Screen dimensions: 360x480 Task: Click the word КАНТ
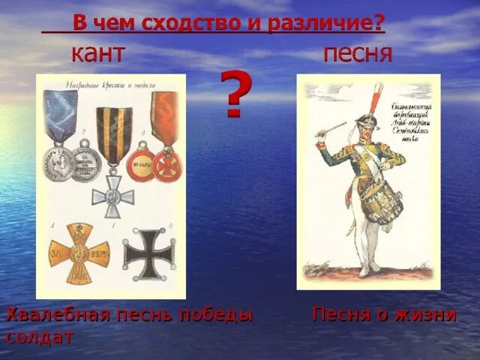point(97,55)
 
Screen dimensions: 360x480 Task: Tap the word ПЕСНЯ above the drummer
point(358,55)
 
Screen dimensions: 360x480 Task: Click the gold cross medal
point(79,254)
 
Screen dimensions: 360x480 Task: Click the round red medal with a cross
point(164,165)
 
